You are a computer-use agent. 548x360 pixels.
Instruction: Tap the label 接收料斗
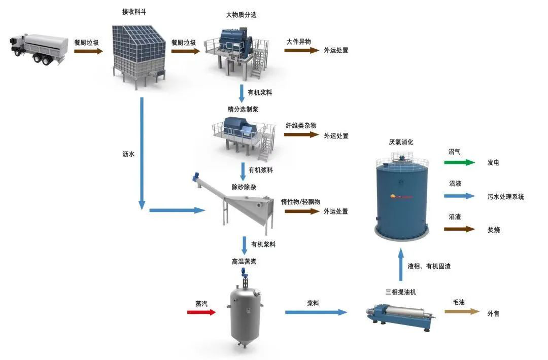point(134,12)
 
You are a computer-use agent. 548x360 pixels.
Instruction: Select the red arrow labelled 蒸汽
point(201,312)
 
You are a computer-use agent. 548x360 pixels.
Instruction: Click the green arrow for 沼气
point(459,163)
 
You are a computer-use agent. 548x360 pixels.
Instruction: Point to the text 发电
point(493,163)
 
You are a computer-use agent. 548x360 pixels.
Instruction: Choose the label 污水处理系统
point(505,196)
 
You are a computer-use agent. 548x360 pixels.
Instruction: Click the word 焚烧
point(493,229)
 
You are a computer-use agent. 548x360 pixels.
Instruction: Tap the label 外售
point(493,314)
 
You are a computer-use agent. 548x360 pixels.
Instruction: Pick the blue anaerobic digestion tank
point(401,198)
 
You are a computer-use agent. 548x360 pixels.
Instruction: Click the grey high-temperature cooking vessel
point(247,312)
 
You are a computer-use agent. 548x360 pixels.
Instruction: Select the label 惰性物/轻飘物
point(301,201)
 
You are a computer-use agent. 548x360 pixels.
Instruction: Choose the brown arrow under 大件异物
point(301,51)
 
